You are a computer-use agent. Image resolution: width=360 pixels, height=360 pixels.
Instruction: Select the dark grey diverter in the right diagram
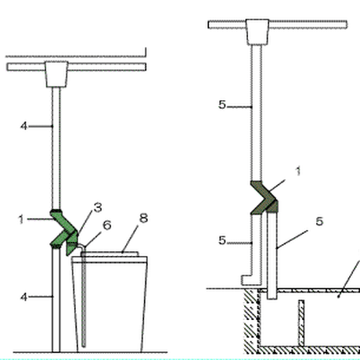click(x=265, y=197)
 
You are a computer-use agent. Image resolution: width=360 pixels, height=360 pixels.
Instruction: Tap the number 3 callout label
click(x=98, y=208)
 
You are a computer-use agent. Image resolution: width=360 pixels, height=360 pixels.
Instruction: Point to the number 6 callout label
click(x=107, y=225)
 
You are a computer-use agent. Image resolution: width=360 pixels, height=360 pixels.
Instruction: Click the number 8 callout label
click(x=144, y=218)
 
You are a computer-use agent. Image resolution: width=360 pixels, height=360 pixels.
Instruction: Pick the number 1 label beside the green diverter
click(x=21, y=219)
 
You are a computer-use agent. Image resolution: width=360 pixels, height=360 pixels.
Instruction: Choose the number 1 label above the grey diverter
click(x=298, y=171)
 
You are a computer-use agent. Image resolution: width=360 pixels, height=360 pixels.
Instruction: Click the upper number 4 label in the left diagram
click(x=23, y=126)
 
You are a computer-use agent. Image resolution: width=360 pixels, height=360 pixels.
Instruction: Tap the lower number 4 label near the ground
click(x=23, y=297)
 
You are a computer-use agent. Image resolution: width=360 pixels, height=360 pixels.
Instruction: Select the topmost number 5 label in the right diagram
click(x=222, y=105)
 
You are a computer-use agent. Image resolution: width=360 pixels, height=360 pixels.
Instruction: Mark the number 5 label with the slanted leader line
click(x=319, y=221)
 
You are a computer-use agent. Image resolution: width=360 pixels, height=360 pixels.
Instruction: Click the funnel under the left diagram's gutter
click(x=56, y=74)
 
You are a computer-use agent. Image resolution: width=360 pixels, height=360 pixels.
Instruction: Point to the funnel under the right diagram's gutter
click(x=257, y=32)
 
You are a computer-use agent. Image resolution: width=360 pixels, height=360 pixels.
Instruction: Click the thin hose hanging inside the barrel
click(x=84, y=297)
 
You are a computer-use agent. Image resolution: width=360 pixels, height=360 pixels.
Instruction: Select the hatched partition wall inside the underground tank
click(x=301, y=323)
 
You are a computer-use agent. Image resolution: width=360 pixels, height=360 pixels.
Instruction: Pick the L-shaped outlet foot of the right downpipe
click(x=251, y=280)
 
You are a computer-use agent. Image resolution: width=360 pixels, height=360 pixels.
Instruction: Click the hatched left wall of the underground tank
click(x=252, y=321)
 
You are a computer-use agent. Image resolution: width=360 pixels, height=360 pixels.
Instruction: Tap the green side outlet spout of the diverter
click(x=72, y=245)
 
